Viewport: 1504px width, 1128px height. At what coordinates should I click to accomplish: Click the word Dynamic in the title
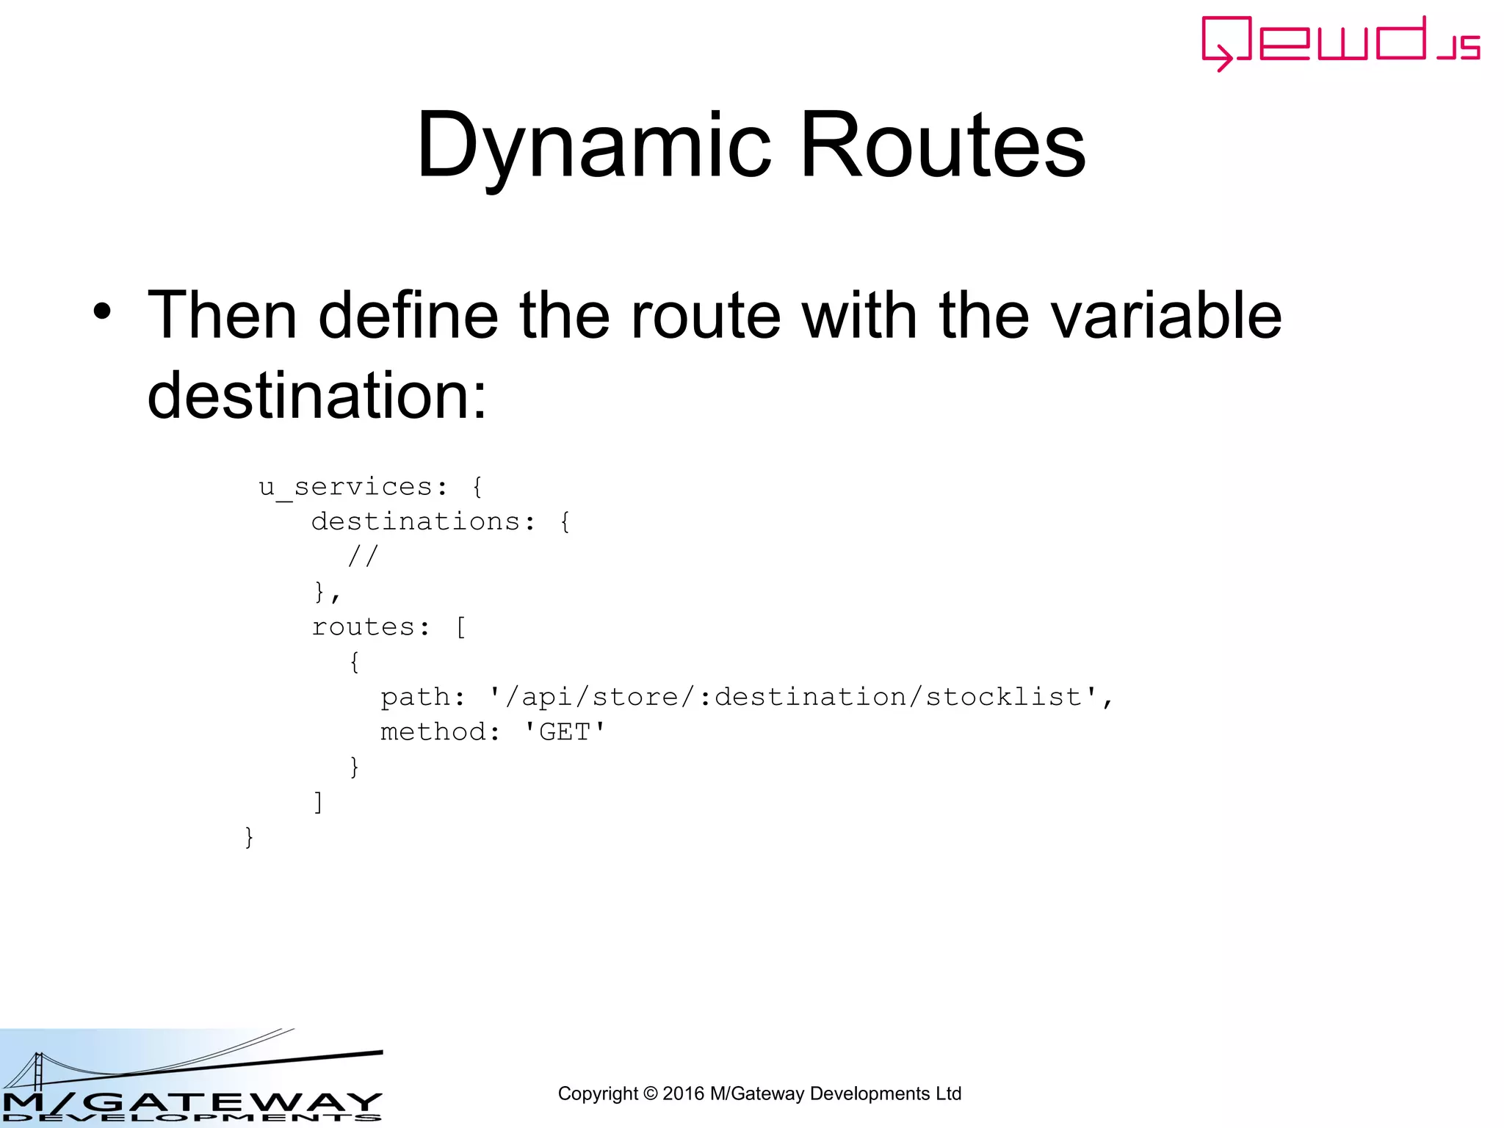(x=593, y=145)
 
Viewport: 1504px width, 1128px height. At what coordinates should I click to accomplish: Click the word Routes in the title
(x=942, y=145)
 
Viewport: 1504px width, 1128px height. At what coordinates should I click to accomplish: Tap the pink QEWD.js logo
(x=1339, y=43)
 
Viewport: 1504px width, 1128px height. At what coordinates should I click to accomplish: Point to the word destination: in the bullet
(x=317, y=395)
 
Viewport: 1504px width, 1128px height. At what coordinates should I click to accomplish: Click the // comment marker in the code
(x=363, y=556)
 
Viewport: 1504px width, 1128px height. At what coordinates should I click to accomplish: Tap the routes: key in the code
(x=370, y=627)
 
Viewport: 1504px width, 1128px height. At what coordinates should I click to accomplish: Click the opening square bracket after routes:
(x=460, y=627)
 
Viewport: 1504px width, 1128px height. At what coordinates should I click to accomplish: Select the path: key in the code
(x=422, y=697)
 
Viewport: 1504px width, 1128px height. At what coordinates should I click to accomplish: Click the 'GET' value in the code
(x=564, y=732)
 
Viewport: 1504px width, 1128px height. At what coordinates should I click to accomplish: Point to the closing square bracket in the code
(x=318, y=801)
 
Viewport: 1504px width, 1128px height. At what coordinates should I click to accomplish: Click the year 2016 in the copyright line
(x=684, y=1093)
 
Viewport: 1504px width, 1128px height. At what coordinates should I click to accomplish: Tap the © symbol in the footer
(x=650, y=1093)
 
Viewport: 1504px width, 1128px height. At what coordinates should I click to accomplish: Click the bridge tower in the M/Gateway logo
(x=38, y=1071)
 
